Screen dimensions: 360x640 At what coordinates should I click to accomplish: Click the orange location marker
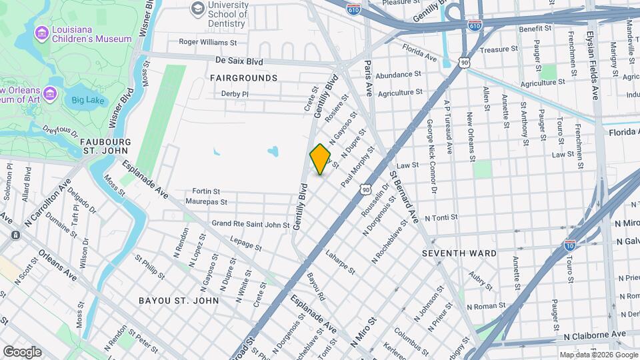[x=320, y=159]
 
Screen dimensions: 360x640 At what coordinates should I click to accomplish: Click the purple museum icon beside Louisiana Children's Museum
[x=42, y=32]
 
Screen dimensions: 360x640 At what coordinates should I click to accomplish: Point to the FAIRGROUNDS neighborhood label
[x=243, y=78]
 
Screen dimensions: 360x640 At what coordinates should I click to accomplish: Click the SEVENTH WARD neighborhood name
[x=459, y=253]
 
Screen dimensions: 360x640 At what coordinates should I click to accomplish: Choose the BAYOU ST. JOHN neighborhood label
[x=179, y=301]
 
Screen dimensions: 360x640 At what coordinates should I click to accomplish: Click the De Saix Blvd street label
[x=239, y=61]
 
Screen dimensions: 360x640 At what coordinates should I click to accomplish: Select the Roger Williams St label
[x=208, y=42]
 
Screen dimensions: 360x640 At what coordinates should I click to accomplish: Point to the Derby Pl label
[x=235, y=94]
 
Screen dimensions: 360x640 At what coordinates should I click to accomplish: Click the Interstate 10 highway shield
[x=570, y=245]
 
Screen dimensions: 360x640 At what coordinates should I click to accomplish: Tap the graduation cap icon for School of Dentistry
[x=197, y=8]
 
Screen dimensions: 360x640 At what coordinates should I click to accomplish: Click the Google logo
[x=22, y=352]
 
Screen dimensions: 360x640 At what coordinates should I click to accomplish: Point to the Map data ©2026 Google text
[x=598, y=355]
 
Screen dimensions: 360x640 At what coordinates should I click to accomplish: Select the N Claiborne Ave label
[x=595, y=334]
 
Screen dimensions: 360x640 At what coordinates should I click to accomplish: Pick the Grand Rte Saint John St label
[x=250, y=224]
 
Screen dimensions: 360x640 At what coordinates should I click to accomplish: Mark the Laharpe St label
[x=340, y=263]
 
